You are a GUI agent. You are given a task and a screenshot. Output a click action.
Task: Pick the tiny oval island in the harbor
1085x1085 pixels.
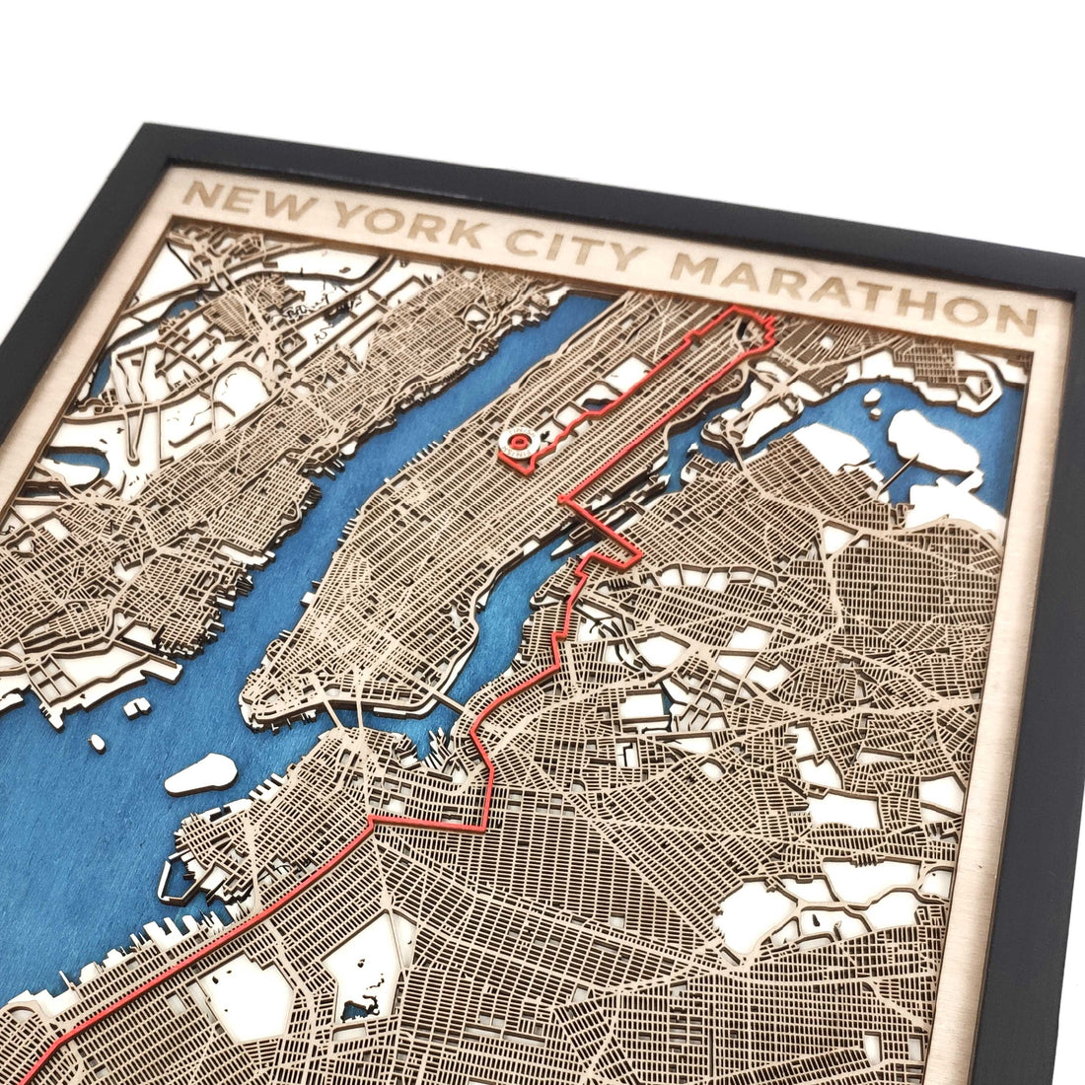point(97,742)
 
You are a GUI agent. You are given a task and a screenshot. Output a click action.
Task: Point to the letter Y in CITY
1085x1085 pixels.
point(639,257)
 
